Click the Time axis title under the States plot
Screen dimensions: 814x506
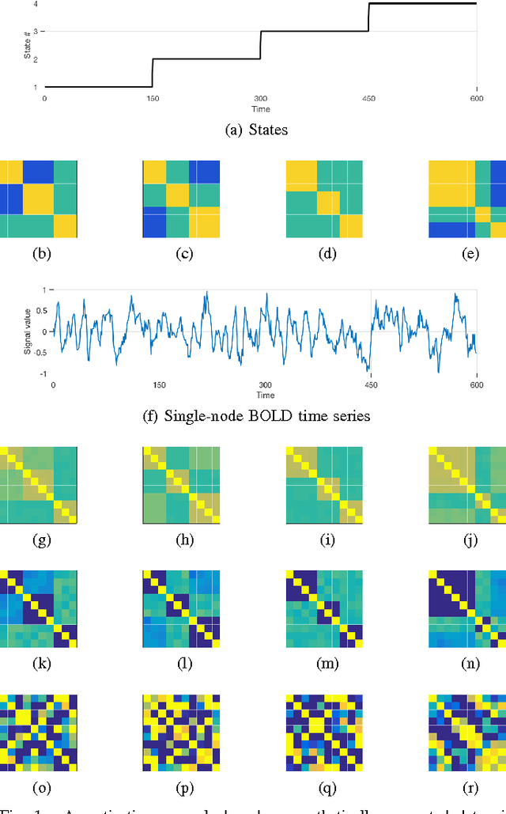pyautogui.click(x=260, y=108)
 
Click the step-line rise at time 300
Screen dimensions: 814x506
pyautogui.click(x=261, y=45)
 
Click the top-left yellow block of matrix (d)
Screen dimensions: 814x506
pyautogui.click(x=301, y=176)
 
